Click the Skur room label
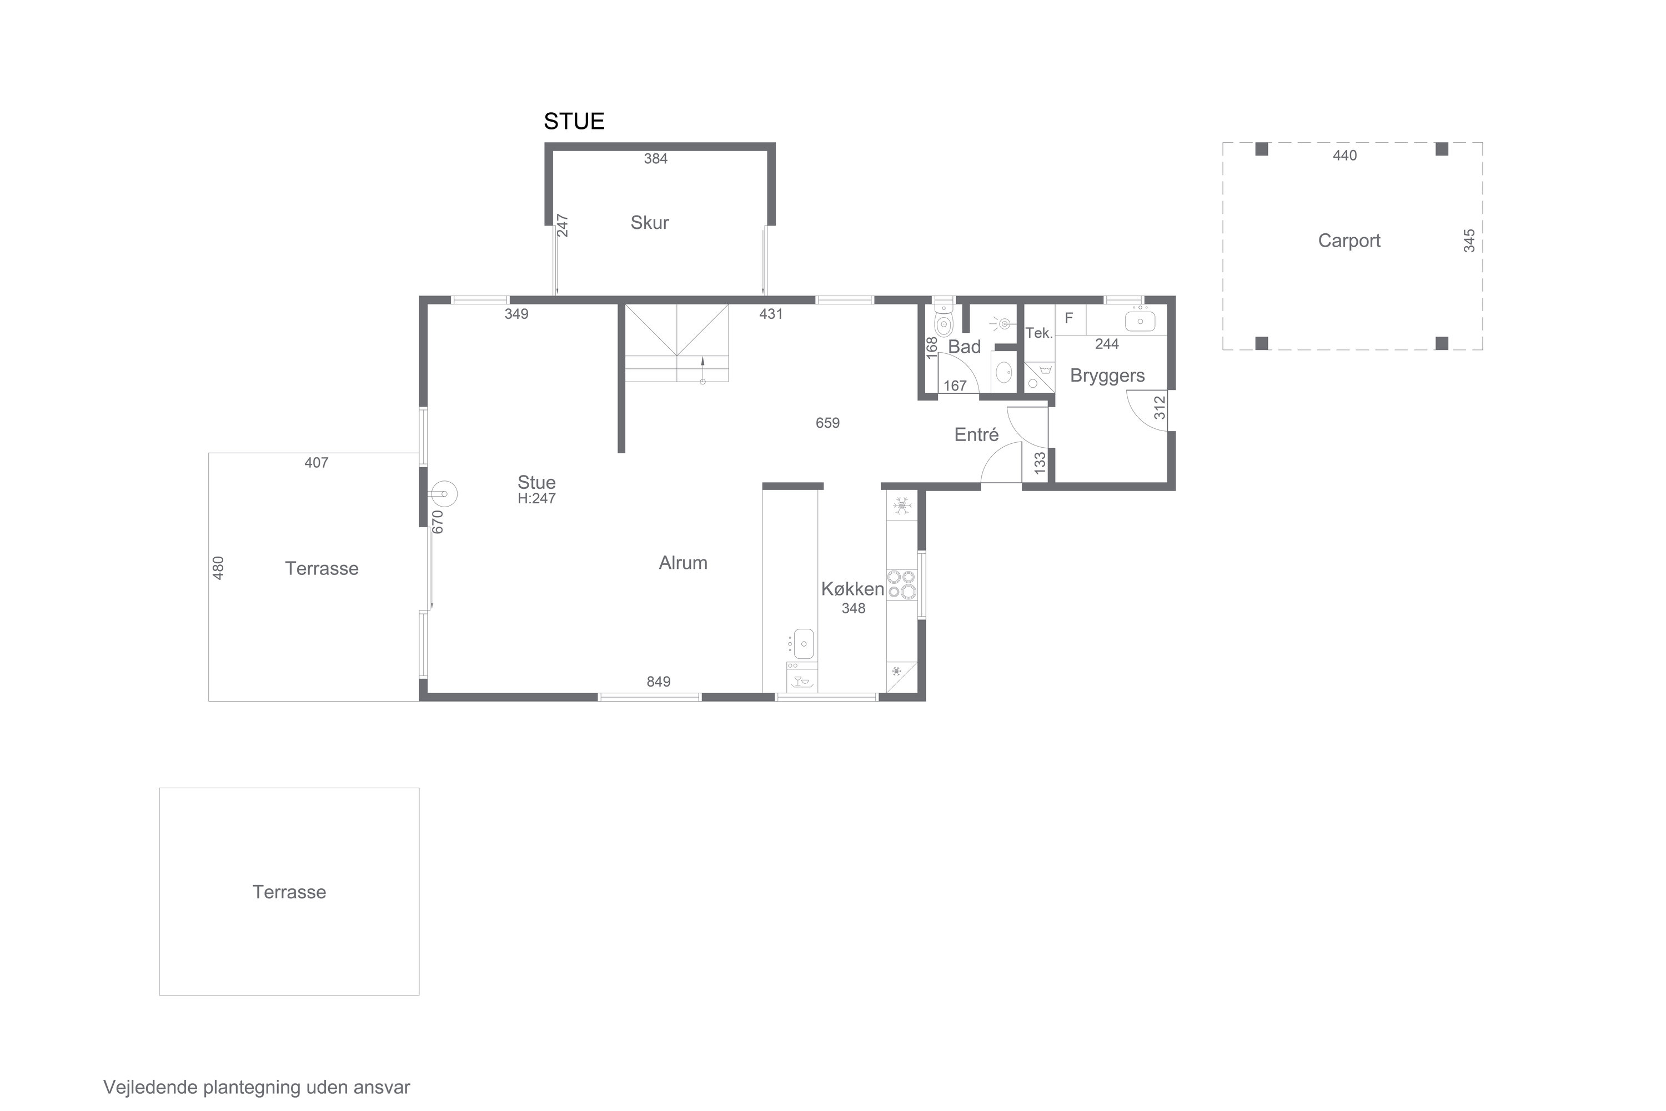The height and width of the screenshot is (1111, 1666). point(650,223)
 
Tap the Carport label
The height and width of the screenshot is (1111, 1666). point(1349,241)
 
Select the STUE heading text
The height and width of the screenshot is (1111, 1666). point(574,122)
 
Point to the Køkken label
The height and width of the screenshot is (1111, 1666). point(853,589)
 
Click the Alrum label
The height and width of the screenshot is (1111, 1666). point(683,563)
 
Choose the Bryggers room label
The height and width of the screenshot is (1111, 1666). point(1107,376)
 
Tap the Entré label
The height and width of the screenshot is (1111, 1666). point(976,434)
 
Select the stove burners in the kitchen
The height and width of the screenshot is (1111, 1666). point(902,585)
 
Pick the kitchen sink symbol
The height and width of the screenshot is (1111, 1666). point(803,643)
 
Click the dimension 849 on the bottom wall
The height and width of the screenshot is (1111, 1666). point(658,682)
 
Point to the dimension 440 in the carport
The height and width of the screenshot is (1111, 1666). point(1344,155)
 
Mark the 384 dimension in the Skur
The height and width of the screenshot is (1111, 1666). point(655,159)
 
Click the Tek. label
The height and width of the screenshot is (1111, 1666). point(1038,333)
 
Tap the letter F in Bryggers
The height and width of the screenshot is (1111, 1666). point(1069,318)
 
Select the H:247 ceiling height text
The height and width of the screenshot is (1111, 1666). point(536,498)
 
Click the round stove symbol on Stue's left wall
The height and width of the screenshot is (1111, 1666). point(444,493)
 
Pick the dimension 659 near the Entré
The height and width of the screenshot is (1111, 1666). point(827,423)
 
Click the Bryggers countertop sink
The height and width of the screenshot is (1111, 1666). point(1140,321)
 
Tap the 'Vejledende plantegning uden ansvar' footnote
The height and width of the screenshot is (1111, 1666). point(257,1088)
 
